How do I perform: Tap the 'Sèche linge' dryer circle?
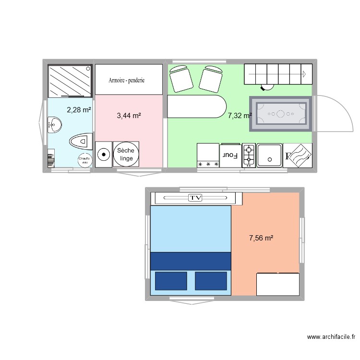tap(126, 154)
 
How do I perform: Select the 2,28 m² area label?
tap(79, 110)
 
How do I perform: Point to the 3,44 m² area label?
tap(129, 116)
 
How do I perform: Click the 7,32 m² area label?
tap(240, 116)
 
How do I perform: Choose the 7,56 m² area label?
tap(261, 238)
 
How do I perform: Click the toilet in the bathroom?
tap(80, 141)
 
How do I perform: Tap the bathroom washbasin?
tap(55, 125)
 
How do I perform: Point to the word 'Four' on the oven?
tap(230, 155)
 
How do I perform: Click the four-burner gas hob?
tap(249, 156)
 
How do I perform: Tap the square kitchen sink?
tap(269, 155)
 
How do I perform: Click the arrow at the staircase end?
tap(304, 74)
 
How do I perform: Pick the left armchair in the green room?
tap(181, 79)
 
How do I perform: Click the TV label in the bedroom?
tap(194, 197)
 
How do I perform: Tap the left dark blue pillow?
tap(170, 281)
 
